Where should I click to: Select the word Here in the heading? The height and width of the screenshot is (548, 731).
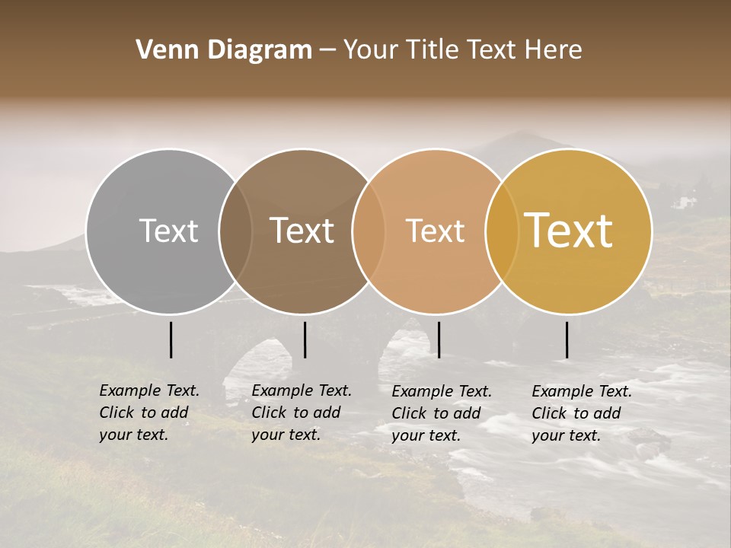tap(553, 50)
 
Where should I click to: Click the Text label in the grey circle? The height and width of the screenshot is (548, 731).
tap(168, 231)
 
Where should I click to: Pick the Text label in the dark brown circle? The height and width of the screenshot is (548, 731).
tap(302, 231)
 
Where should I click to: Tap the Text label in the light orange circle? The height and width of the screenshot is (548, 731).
tap(436, 231)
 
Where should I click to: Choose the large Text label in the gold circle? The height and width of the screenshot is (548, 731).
tap(569, 231)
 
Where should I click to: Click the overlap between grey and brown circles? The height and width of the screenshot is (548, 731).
tap(235, 231)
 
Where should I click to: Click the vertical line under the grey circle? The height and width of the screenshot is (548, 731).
tap(171, 339)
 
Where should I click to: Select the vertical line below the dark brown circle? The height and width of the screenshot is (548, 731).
tap(305, 339)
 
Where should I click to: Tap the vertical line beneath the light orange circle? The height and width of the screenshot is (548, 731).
tap(439, 339)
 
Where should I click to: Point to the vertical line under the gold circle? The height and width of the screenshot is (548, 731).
tap(567, 339)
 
